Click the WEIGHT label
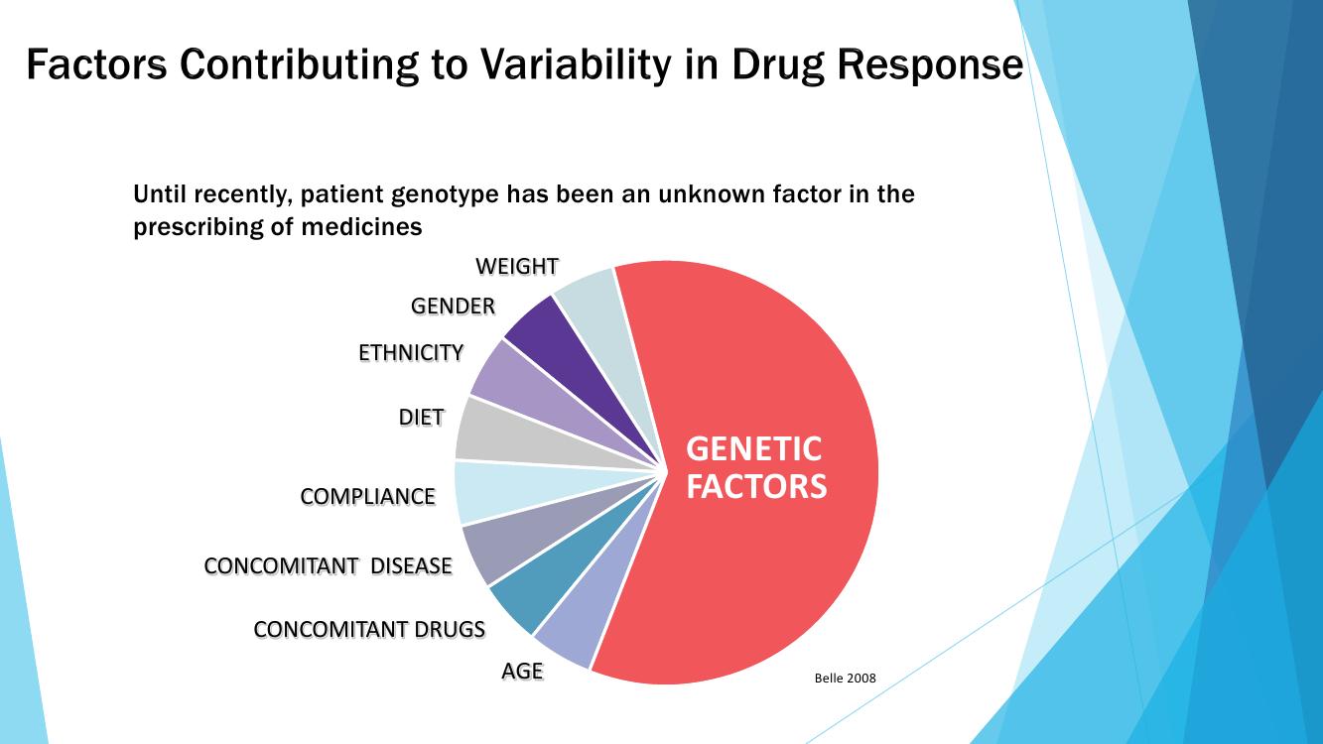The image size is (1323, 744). tap(516, 266)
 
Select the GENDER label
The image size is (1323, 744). tap(453, 307)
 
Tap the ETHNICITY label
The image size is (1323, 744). tap(411, 352)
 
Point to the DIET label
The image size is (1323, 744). tap(421, 418)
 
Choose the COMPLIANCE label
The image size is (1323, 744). tap(367, 496)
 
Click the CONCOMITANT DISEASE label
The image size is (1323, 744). tap(328, 565)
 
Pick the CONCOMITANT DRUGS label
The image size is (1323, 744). tap(369, 629)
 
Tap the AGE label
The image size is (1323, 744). tap(522, 671)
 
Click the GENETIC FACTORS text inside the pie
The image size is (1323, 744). tap(755, 467)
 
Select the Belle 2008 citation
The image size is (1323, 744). tap(845, 679)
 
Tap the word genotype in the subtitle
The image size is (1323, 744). tap(444, 194)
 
